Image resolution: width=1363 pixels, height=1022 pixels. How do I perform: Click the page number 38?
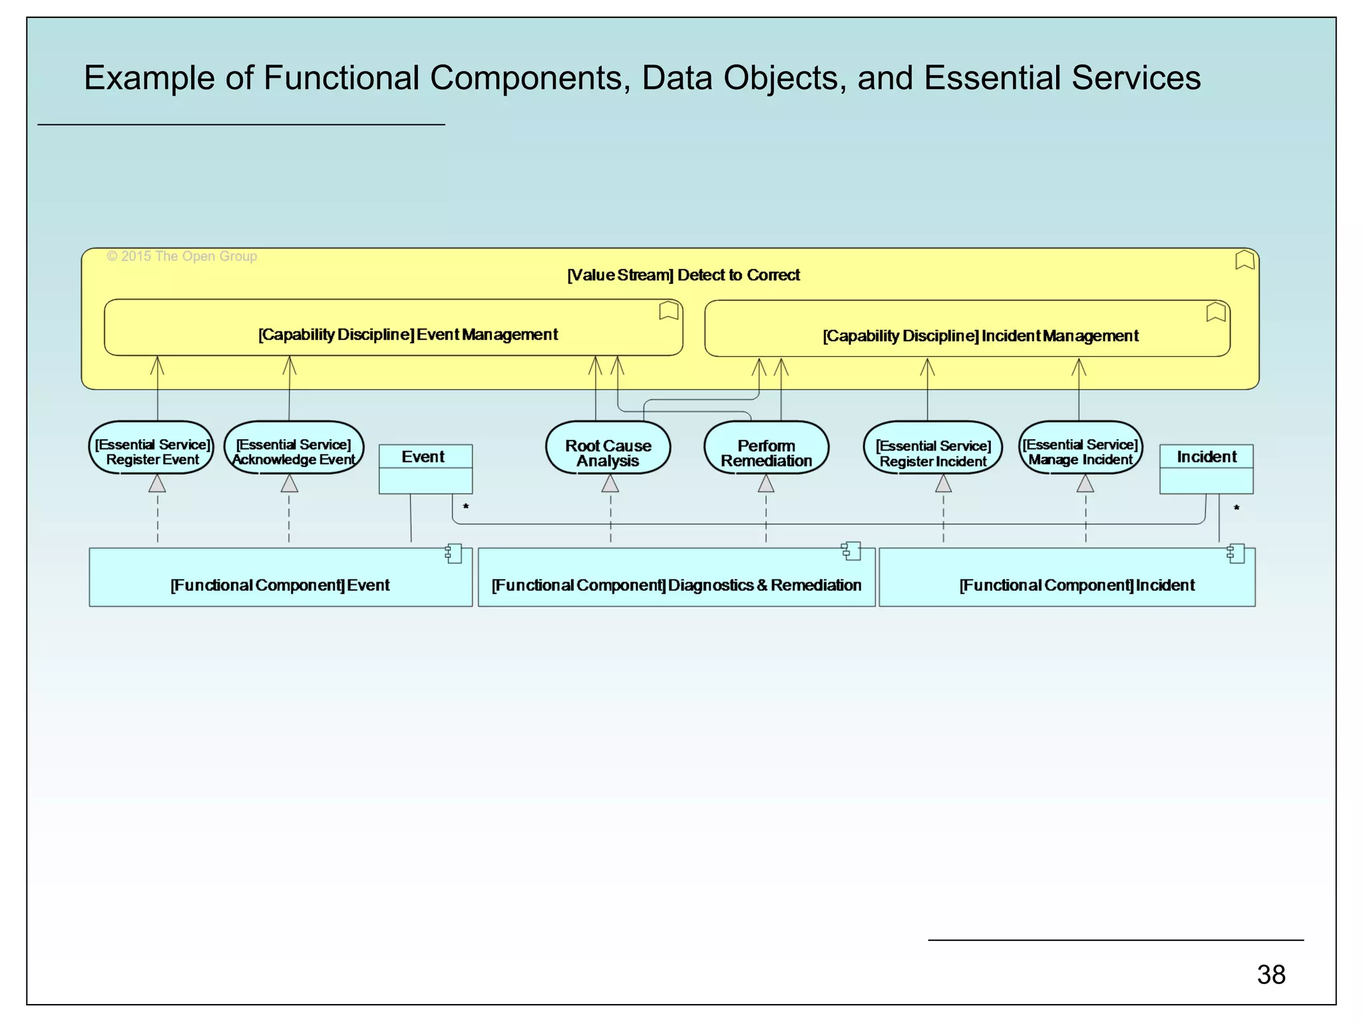(x=1270, y=975)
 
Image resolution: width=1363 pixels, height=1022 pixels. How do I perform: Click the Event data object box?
(x=425, y=468)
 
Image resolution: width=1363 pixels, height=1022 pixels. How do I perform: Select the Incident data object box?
(x=1206, y=468)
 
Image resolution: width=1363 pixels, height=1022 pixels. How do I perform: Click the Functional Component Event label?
(x=280, y=585)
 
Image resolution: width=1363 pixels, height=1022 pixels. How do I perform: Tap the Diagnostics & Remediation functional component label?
(x=676, y=585)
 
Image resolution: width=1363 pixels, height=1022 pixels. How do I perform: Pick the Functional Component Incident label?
(x=1077, y=585)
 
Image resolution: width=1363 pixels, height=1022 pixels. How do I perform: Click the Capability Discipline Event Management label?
(x=408, y=334)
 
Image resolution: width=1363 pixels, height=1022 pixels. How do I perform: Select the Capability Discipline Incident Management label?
(x=980, y=335)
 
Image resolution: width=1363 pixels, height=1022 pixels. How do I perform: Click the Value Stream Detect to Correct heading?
(x=683, y=275)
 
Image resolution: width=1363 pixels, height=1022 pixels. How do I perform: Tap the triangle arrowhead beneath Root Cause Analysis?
(x=610, y=484)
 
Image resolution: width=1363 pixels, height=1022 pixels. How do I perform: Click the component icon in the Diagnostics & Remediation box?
(x=851, y=552)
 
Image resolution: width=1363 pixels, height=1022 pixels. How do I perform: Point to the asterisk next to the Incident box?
(x=1237, y=508)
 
